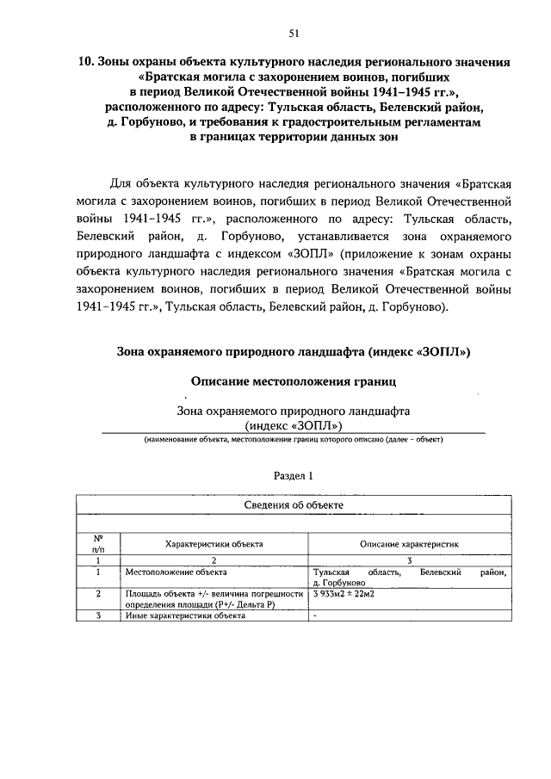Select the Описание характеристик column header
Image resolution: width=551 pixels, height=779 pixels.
(x=410, y=544)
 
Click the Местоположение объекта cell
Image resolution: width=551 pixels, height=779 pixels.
(x=168, y=572)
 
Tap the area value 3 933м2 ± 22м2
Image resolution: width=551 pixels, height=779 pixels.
(x=349, y=594)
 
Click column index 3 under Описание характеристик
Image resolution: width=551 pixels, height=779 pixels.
(x=410, y=560)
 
